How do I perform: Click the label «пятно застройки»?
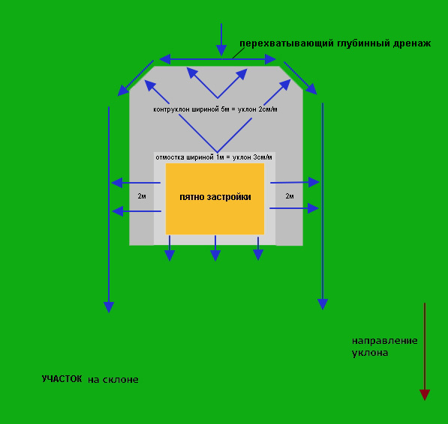point(215,197)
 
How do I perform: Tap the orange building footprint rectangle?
point(215,199)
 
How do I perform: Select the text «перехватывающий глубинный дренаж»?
point(335,43)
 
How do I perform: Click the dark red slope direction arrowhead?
point(425,395)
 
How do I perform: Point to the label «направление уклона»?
point(384,347)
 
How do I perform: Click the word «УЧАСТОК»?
point(62,379)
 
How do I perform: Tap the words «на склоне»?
point(113,380)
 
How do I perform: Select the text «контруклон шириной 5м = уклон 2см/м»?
point(215,109)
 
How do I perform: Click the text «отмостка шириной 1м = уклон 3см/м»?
point(214,157)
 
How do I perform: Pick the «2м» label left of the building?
point(142,196)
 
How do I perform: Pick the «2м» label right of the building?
point(290,196)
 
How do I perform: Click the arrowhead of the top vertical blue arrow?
point(221,50)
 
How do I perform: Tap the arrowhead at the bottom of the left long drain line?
point(109,307)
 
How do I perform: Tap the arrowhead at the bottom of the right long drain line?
point(323,304)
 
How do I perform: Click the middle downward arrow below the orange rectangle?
point(215,248)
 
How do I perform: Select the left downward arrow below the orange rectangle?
point(170,248)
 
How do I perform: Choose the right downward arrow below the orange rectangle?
point(258,249)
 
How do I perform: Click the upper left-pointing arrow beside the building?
point(136,183)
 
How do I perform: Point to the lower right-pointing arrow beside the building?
point(294,208)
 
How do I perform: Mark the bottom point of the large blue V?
point(218,152)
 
